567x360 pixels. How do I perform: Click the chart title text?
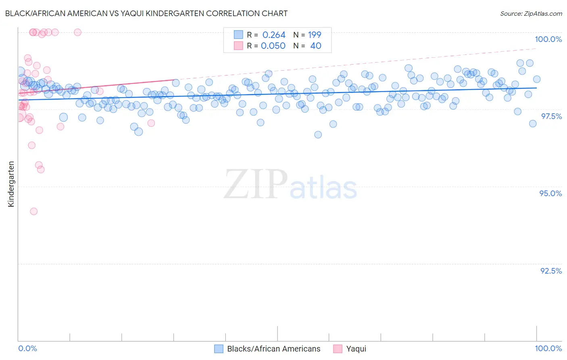point(146,13)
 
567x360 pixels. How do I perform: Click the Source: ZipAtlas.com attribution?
point(531,13)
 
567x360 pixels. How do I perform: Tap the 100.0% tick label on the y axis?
point(548,39)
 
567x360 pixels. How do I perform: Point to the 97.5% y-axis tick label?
point(551,116)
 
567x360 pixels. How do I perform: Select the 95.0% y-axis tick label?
point(550,193)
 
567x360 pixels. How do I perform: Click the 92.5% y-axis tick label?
point(551,271)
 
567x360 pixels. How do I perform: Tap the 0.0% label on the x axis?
point(27,348)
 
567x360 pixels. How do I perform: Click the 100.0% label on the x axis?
point(548,348)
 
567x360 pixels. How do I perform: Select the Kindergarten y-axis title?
point(11,184)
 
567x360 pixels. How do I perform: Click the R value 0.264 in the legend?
point(274,35)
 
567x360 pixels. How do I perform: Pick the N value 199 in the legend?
point(315,35)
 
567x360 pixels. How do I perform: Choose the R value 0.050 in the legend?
point(273,46)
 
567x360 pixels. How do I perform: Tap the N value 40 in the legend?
point(316,46)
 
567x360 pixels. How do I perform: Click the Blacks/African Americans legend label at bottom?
point(273,349)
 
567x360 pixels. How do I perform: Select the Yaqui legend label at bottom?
point(356,349)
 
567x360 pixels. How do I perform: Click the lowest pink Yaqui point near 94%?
point(34,211)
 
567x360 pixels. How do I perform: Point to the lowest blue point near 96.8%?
point(318,135)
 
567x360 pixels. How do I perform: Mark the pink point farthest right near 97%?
point(151,123)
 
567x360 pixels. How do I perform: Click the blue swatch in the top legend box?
point(238,35)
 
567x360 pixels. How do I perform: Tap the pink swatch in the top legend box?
point(238,46)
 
